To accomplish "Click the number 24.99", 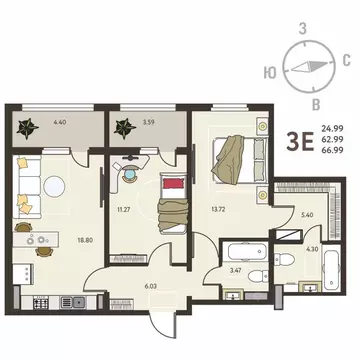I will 332,128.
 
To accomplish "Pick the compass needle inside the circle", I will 304,70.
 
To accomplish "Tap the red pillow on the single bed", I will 175,183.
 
